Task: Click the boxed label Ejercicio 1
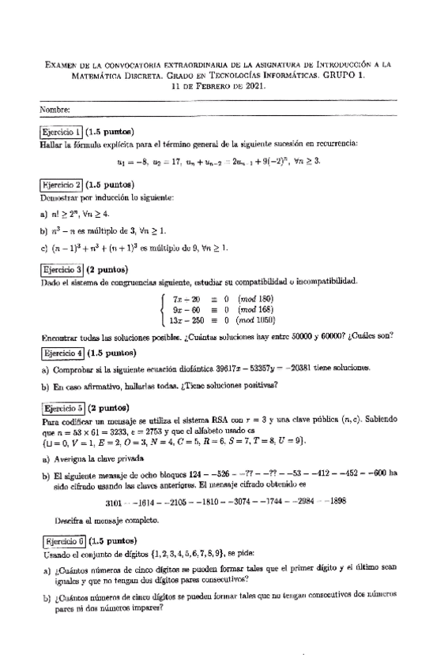click(61, 132)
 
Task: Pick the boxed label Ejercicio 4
click(61, 353)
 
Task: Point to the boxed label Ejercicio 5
click(61, 409)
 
